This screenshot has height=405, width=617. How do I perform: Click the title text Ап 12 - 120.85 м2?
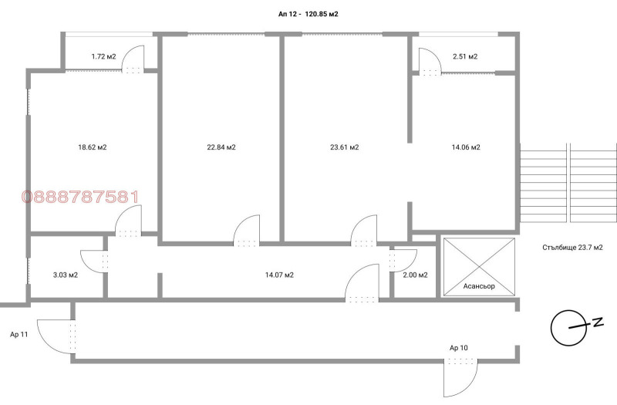(x=308, y=14)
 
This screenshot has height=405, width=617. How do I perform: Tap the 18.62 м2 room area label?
(x=93, y=147)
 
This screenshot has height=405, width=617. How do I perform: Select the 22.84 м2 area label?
(x=221, y=147)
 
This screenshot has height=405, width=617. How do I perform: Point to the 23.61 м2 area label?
(x=344, y=147)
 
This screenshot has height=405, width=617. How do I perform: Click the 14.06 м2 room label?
(x=466, y=147)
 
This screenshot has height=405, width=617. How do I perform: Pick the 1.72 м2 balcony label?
(x=104, y=56)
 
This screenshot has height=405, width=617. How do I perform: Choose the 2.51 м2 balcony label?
(x=465, y=56)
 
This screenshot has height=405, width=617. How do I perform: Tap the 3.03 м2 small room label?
(x=66, y=275)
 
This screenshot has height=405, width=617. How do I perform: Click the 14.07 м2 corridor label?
(x=279, y=275)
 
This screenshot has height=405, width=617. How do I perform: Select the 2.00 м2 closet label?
(x=415, y=275)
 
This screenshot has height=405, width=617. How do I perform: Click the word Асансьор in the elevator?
(x=479, y=286)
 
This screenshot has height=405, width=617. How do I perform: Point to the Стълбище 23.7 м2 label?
(x=572, y=248)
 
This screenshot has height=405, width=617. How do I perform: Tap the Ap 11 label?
(x=19, y=335)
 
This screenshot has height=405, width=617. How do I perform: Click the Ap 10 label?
(x=459, y=348)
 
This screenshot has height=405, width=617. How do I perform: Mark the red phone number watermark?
(x=80, y=197)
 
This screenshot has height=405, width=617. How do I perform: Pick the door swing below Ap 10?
(x=471, y=383)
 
